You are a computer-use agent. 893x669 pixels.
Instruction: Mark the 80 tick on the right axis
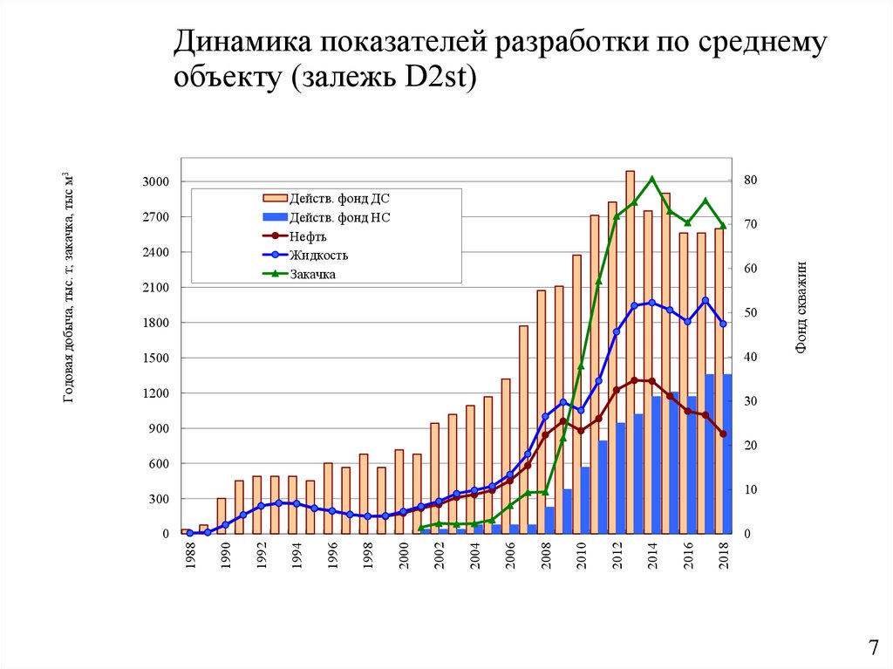(x=751, y=181)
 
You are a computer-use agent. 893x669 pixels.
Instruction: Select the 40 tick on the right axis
(x=751, y=358)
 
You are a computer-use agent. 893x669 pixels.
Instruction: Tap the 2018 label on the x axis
(x=723, y=556)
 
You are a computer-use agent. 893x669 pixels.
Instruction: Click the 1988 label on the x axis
(x=189, y=556)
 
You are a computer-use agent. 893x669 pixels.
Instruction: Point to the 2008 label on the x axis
(x=545, y=556)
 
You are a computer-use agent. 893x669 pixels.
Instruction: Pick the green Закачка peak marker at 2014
(x=651, y=179)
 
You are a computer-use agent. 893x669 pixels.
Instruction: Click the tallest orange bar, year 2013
(x=630, y=349)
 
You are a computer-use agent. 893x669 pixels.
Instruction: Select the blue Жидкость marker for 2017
(x=705, y=300)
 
